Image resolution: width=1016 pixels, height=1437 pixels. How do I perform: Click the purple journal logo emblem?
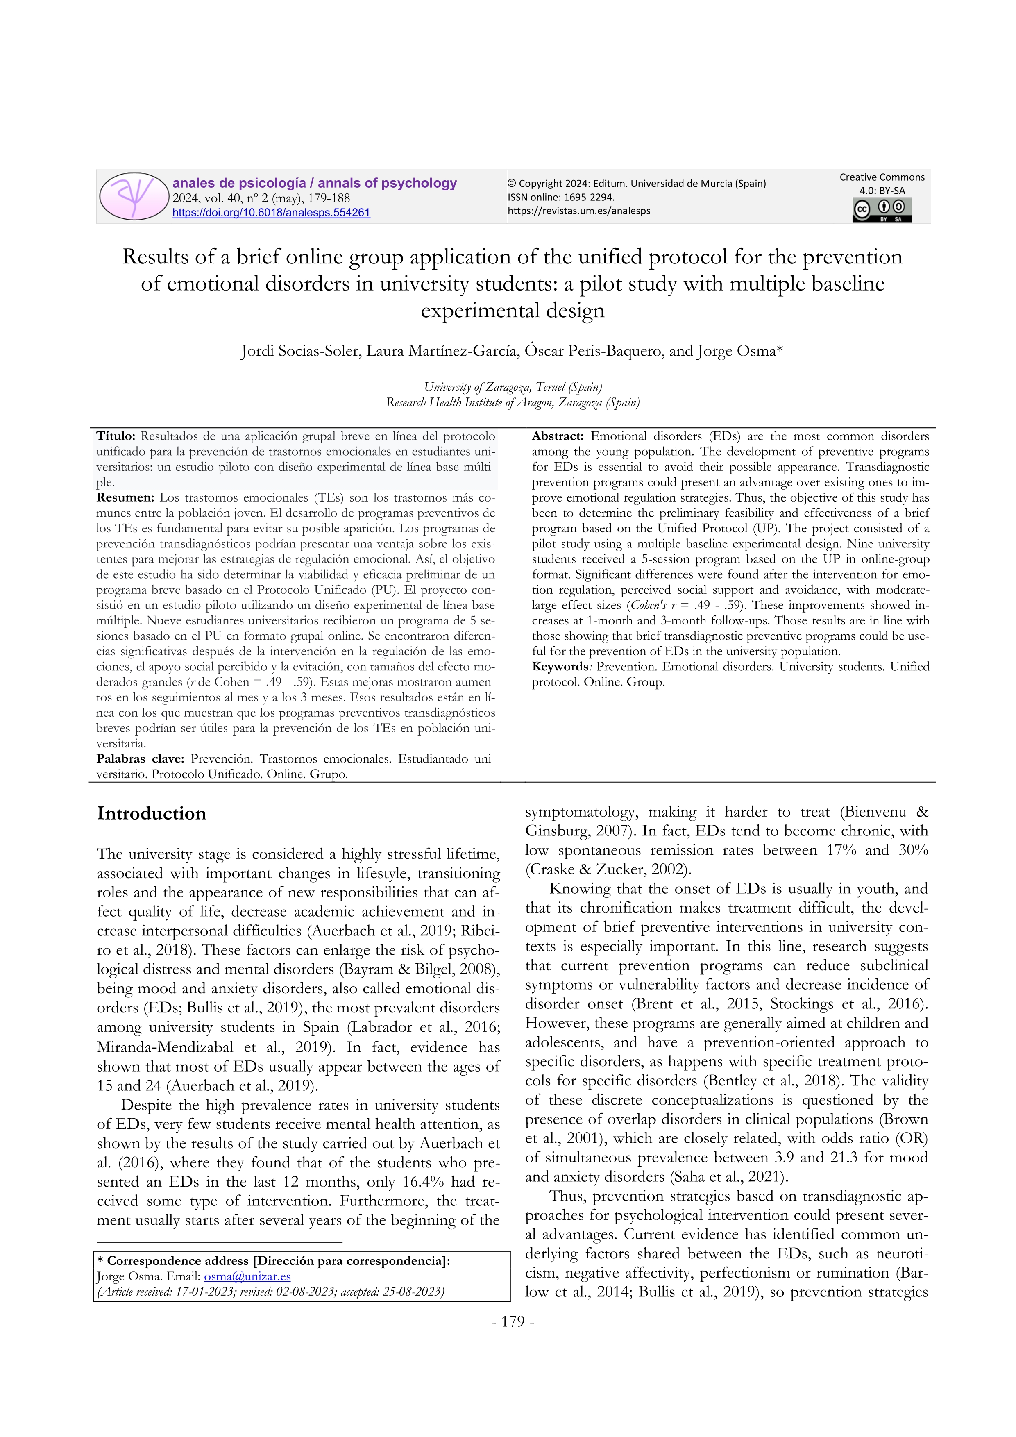(x=134, y=196)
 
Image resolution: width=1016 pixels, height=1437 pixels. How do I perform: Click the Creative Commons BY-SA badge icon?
(x=882, y=210)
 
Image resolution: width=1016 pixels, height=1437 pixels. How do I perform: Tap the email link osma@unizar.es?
(x=247, y=1276)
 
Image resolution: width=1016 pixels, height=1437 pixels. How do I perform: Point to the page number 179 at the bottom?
(x=513, y=1321)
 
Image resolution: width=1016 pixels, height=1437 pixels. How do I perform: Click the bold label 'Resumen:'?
(x=125, y=497)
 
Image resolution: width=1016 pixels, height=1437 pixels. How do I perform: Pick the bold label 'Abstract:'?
(x=558, y=436)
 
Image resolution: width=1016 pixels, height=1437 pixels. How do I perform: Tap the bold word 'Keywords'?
(x=560, y=667)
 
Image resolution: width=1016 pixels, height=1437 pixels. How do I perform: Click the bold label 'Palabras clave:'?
(x=140, y=758)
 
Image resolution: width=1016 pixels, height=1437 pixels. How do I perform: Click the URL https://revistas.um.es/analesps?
(x=579, y=211)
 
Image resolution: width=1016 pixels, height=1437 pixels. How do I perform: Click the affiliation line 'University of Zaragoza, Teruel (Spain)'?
(x=513, y=387)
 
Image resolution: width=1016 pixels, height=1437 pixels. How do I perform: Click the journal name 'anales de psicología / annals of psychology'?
(x=315, y=184)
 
